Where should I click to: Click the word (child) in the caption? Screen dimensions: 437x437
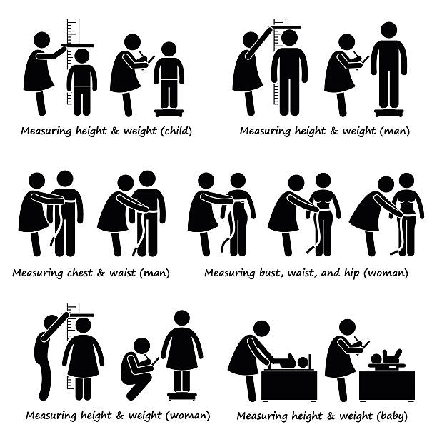176,131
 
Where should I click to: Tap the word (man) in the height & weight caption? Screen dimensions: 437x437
395,131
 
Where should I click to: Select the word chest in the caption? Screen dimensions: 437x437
80,273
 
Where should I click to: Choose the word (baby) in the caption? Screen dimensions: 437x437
392,416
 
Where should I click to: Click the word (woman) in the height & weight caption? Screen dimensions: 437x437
188,416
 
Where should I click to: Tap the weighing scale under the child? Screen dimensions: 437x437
169,112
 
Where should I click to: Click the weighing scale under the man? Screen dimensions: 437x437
389,112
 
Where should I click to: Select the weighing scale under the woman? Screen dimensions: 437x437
182,396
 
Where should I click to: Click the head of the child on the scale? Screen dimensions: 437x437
169,49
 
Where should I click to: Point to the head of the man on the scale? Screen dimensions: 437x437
388,30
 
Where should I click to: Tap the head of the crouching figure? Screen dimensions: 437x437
142,346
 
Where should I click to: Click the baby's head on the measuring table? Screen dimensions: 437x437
303,363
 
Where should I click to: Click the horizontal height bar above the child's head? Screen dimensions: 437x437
78,46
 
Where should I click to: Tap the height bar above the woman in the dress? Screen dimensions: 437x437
80,316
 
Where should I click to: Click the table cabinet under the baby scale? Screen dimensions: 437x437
387,386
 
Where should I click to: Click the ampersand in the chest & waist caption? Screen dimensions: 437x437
101,273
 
